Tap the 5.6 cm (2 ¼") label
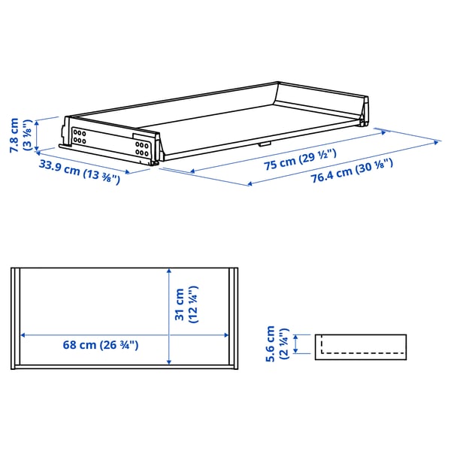tap(276, 344)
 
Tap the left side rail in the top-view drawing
tap(14, 316)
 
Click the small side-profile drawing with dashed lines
tap(361, 345)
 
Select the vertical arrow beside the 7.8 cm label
tap(36, 133)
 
